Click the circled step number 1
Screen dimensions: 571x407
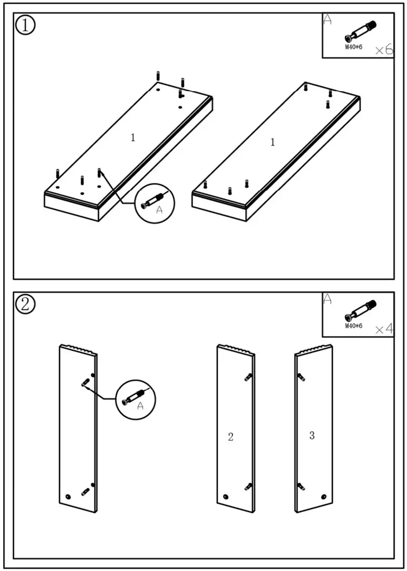coord(25,25)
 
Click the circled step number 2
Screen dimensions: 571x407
coord(25,304)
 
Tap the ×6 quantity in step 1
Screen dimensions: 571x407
coord(383,50)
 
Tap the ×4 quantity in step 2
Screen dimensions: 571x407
coord(383,329)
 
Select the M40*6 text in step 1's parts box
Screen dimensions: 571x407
coord(353,47)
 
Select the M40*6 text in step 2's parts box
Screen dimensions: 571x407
coord(353,326)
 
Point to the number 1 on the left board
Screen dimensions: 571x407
coord(133,138)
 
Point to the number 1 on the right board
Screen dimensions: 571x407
coord(272,142)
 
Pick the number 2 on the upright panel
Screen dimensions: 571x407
coord(231,437)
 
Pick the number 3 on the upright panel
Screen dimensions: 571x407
coord(312,436)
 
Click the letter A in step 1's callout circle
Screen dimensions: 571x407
coord(159,210)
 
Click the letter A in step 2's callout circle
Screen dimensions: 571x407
coord(140,406)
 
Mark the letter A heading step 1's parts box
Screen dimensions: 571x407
coord(327,20)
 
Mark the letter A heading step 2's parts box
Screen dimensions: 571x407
coord(327,298)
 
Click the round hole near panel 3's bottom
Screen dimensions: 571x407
coord(323,497)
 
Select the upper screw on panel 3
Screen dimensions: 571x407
coord(301,376)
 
